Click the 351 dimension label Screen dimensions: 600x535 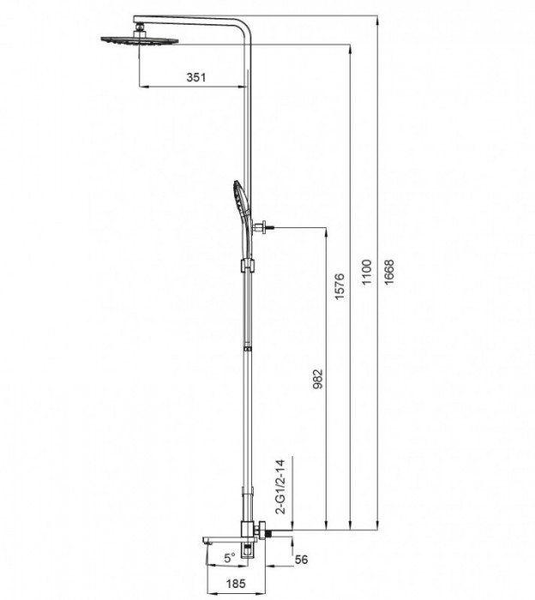tap(196, 77)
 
